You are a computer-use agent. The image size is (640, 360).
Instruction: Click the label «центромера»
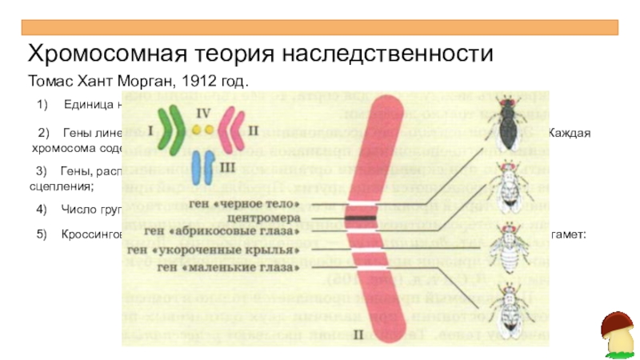(263, 217)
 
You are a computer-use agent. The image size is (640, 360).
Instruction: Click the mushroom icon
(615, 333)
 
